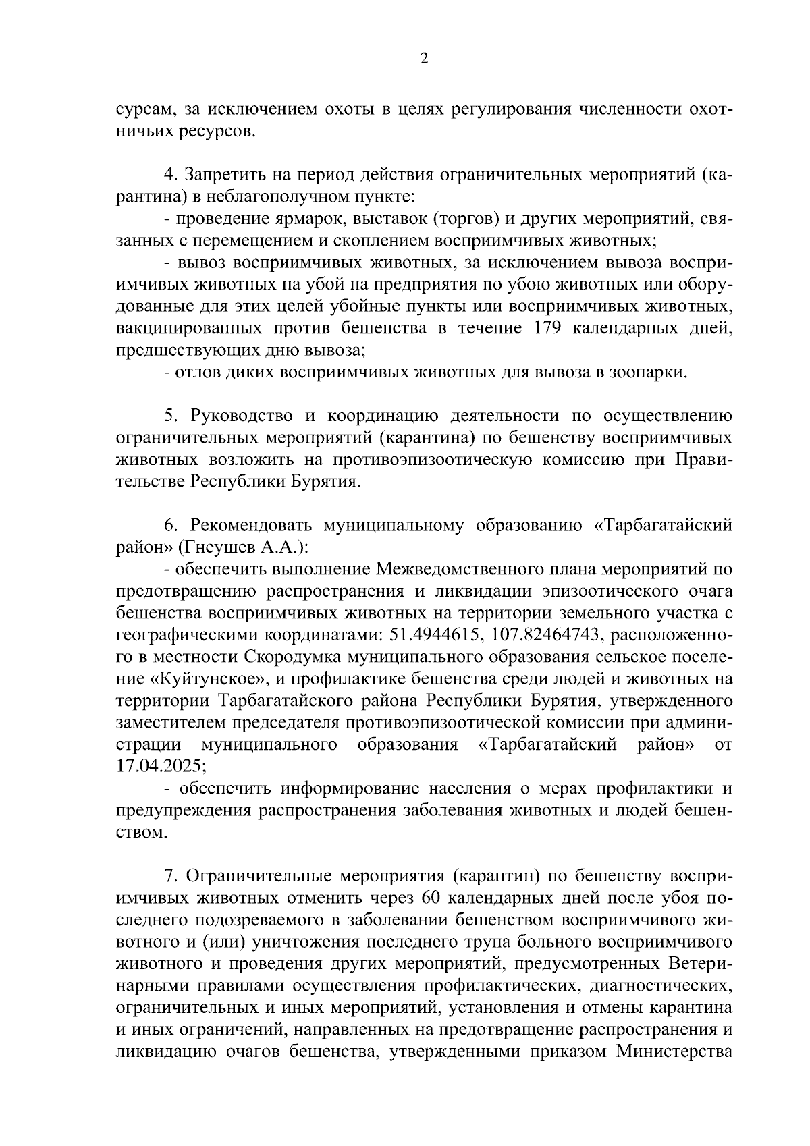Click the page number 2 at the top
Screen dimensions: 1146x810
click(x=423, y=59)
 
